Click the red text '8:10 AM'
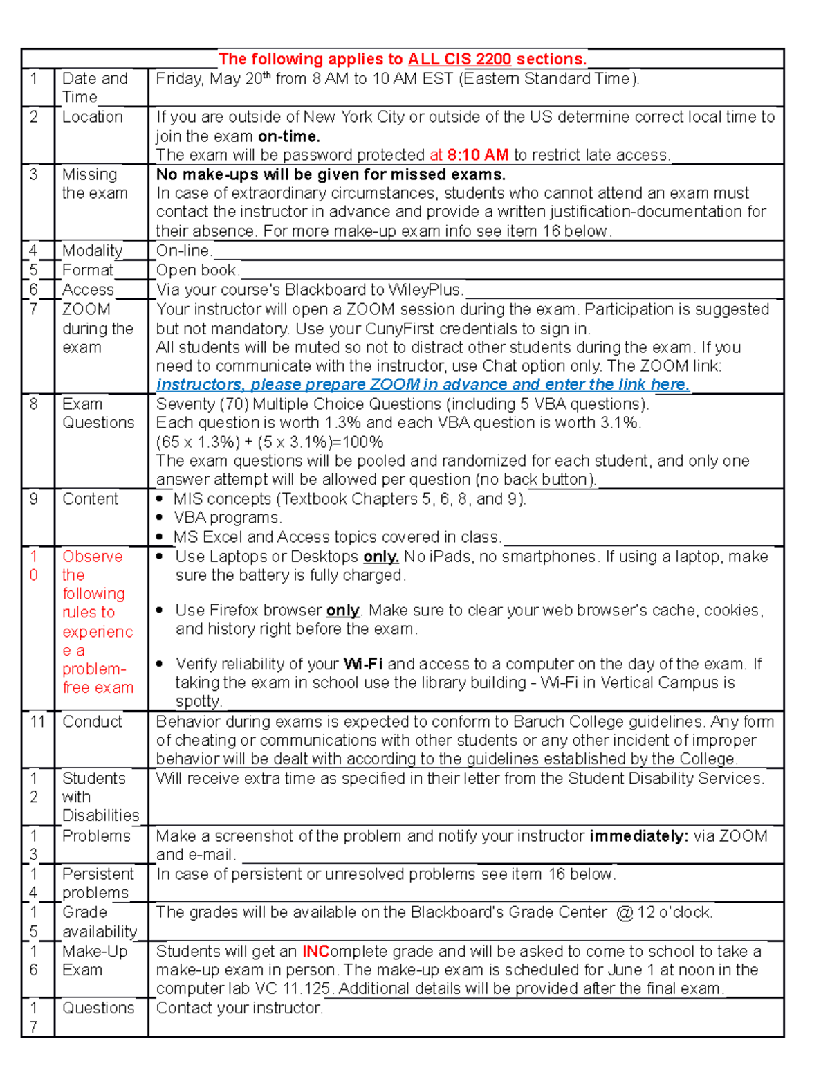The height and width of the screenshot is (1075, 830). [477, 155]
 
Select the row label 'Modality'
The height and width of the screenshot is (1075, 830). [92, 251]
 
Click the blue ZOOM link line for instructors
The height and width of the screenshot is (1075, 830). [422, 385]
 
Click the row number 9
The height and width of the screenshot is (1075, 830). [34, 499]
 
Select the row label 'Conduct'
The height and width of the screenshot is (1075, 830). [92, 722]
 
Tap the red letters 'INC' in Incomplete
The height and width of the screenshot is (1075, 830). [315, 952]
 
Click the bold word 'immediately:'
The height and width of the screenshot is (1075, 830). [638, 836]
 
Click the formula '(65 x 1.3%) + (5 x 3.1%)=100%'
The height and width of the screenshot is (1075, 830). [270, 442]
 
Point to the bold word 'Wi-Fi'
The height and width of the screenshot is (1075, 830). [362, 665]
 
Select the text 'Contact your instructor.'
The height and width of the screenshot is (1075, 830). [239, 1009]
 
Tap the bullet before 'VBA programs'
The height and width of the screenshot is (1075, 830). [160, 518]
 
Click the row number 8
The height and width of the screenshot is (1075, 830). [34, 404]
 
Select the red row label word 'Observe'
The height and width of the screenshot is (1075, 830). [92, 557]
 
